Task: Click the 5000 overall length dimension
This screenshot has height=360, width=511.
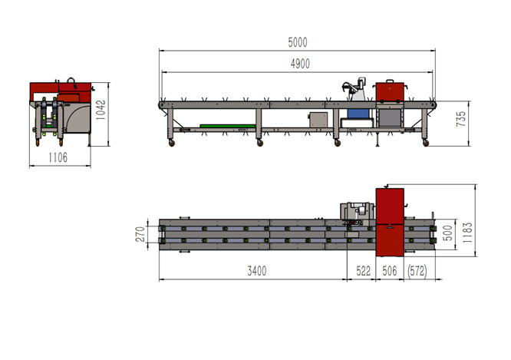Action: [298, 42]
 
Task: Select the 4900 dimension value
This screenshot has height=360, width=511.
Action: [300, 64]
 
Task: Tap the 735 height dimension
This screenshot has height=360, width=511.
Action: [461, 119]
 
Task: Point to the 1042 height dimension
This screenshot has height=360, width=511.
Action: [101, 110]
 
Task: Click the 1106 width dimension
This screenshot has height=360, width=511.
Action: [58, 158]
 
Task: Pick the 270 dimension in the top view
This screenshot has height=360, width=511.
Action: [140, 234]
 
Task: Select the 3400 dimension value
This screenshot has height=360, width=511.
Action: [257, 271]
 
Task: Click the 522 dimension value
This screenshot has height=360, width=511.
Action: [363, 271]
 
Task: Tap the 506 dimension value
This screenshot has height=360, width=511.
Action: [390, 271]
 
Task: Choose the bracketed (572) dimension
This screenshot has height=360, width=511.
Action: [417, 271]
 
